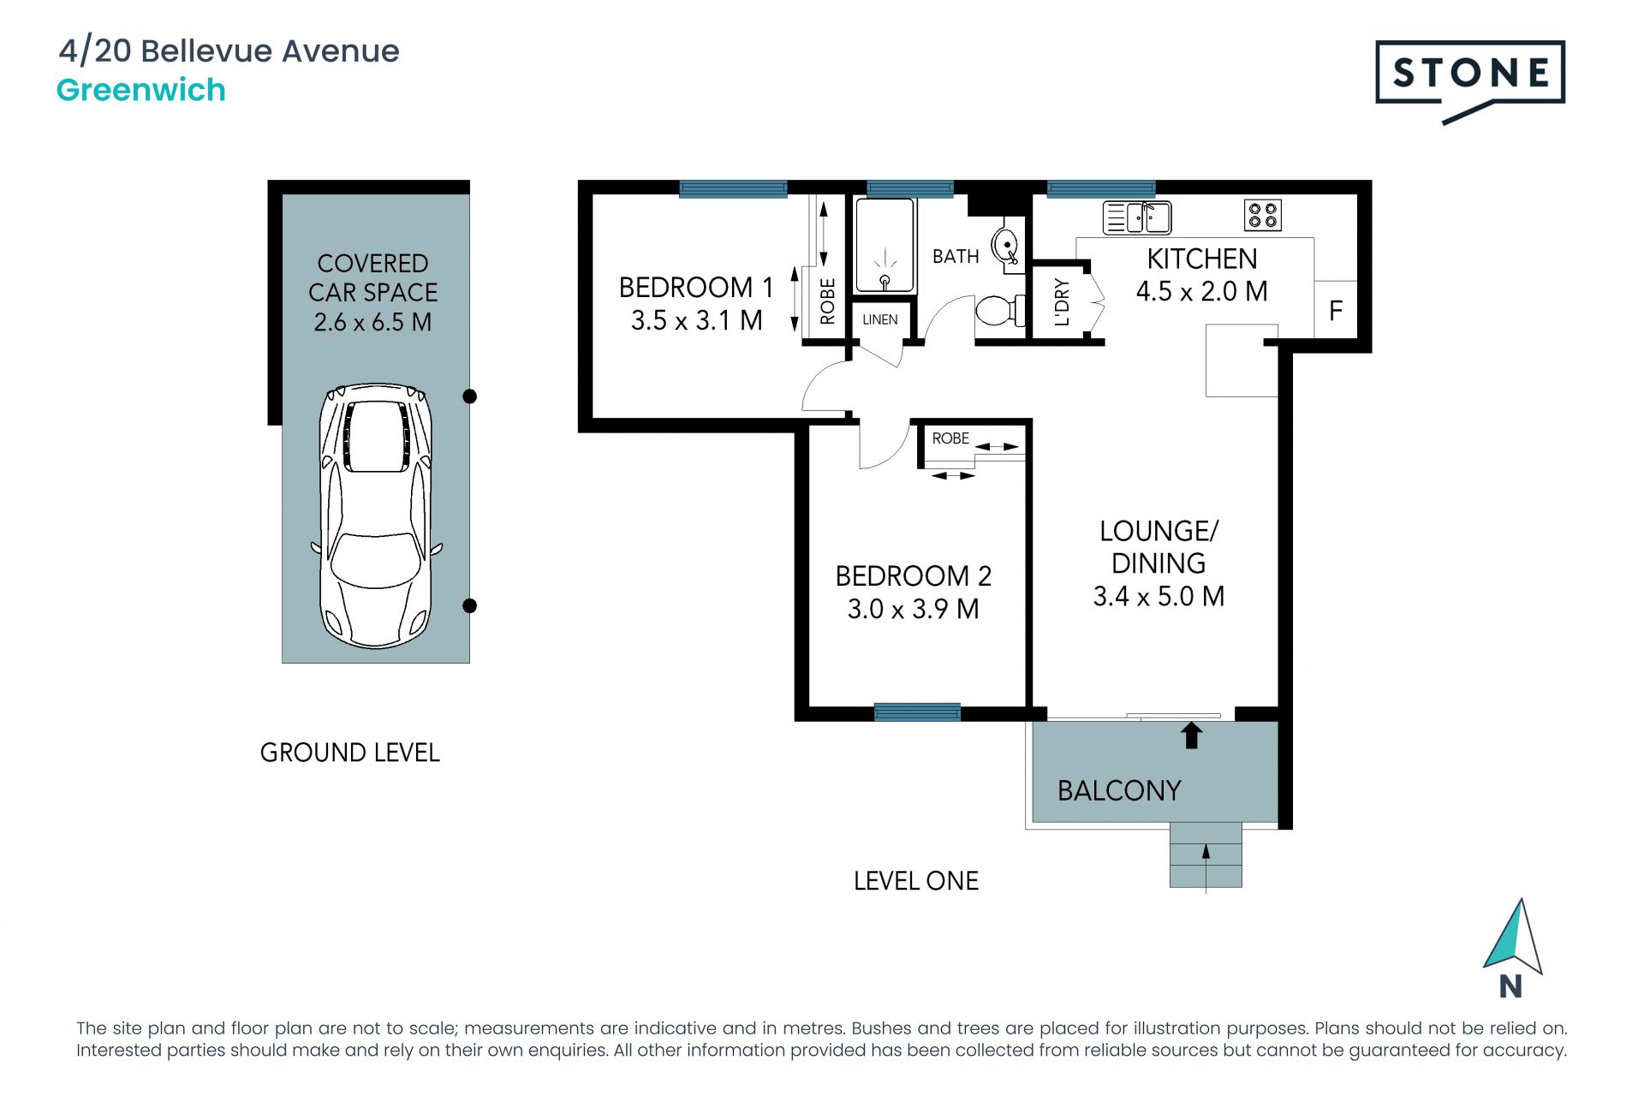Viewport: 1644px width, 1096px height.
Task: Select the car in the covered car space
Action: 376,515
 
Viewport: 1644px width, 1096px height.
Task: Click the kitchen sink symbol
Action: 1137,217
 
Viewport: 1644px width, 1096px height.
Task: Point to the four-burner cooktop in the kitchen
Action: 1263,215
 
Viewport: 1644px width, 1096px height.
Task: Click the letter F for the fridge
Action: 1336,310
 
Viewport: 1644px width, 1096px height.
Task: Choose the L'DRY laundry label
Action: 1062,302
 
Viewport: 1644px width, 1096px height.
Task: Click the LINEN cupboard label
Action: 880,319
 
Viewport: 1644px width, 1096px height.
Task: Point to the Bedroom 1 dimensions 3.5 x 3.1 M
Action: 696,320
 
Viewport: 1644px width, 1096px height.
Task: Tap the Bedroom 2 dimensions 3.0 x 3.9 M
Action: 913,609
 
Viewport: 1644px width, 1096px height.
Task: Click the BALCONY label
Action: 1119,790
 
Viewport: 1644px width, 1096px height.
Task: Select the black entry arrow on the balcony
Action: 1191,736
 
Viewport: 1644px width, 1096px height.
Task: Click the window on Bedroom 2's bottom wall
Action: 917,712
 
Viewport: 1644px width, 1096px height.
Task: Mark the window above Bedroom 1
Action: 733,189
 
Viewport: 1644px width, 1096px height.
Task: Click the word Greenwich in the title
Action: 141,90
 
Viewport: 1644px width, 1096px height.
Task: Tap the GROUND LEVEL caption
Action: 350,753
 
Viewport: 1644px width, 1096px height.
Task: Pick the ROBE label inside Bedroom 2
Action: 950,438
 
